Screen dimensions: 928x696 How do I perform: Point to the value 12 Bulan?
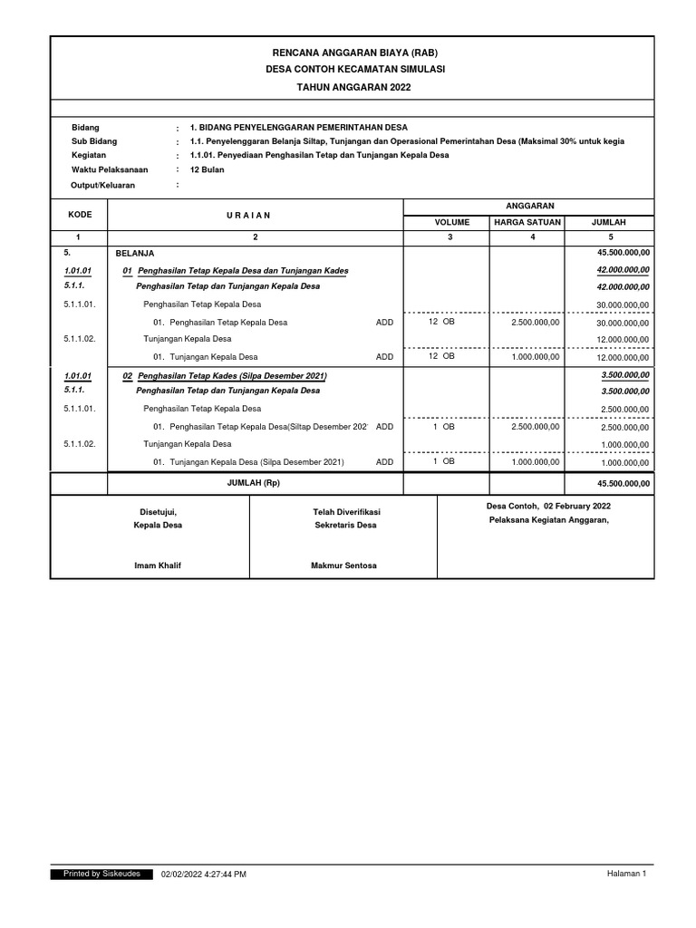click(x=207, y=169)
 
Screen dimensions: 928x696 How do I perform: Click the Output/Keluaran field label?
click(x=102, y=185)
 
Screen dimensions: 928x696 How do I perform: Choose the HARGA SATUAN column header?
click(x=527, y=222)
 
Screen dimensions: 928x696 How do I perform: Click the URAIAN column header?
click(x=255, y=215)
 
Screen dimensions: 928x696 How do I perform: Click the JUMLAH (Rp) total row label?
click(x=254, y=483)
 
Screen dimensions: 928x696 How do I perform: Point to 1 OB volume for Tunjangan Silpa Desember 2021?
click(x=443, y=461)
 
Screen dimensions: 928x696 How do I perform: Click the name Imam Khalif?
click(x=158, y=565)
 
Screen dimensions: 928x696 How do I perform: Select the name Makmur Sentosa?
click(x=343, y=565)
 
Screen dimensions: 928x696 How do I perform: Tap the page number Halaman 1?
click(x=626, y=874)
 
